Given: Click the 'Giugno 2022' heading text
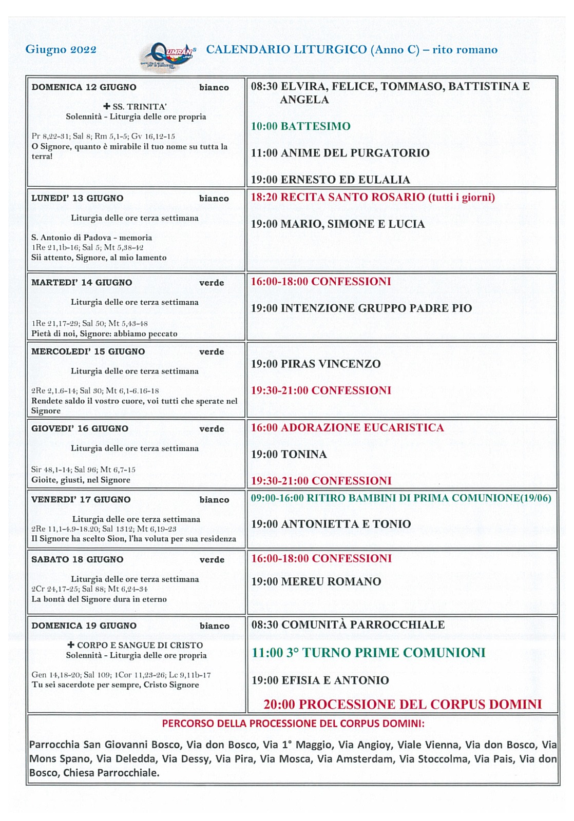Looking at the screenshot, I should coord(61,49).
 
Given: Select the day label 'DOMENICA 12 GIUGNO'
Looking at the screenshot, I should coord(84,87).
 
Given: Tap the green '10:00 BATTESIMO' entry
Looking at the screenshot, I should coord(300,126).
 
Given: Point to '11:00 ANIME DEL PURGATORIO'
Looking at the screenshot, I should coord(340,153).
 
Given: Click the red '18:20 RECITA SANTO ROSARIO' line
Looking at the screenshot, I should coord(373,198).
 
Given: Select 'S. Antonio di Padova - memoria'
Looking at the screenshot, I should coord(91,238).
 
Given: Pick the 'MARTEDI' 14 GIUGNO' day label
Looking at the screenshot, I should coord(81,283).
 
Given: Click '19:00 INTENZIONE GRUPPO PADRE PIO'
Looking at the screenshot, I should coord(361,308).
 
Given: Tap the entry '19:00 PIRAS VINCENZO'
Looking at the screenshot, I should coord(315,364).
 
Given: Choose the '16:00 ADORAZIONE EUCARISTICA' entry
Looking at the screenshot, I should coord(347,428).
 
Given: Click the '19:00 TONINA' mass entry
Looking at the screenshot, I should coord(289,455).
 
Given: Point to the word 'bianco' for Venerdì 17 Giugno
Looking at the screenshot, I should coord(214,500).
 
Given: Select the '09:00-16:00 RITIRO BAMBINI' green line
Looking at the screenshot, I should coord(400,498).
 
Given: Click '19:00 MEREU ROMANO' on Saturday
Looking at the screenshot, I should coord(316,582).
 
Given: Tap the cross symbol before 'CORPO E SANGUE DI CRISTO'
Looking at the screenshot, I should coord(71,645).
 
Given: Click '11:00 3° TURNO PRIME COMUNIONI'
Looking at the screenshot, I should coord(368,653).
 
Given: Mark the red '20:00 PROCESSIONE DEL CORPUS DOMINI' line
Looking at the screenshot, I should coord(403,705).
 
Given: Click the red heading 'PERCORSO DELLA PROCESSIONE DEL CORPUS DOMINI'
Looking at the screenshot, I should coord(293,724).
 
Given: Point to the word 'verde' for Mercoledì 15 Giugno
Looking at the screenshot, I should coord(212,352).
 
